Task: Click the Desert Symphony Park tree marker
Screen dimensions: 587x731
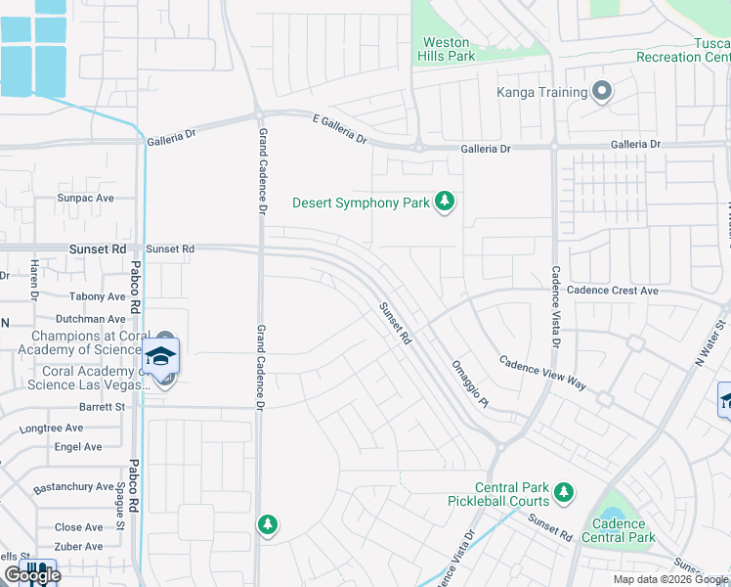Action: tap(446, 203)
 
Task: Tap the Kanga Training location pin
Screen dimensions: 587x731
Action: tap(602, 93)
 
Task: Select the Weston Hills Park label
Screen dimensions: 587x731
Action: tap(447, 49)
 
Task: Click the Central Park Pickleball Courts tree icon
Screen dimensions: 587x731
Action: tap(563, 493)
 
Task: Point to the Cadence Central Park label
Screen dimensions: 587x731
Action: tap(618, 530)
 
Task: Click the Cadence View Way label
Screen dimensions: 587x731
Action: tap(542, 374)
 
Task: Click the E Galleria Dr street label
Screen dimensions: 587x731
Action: tap(339, 129)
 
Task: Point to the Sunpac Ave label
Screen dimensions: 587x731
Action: tap(86, 198)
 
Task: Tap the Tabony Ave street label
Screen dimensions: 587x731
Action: tap(98, 296)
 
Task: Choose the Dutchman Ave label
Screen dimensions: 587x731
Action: tap(90, 319)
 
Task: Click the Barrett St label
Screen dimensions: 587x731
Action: tap(103, 406)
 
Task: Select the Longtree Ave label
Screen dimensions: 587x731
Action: tap(52, 429)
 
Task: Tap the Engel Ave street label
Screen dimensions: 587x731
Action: tap(79, 447)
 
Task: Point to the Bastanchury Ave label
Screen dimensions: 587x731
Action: tap(74, 486)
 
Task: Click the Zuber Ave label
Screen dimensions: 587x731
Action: tap(79, 547)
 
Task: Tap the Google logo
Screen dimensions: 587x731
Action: tap(31, 575)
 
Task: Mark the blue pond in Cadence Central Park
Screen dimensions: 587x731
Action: tap(611, 515)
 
